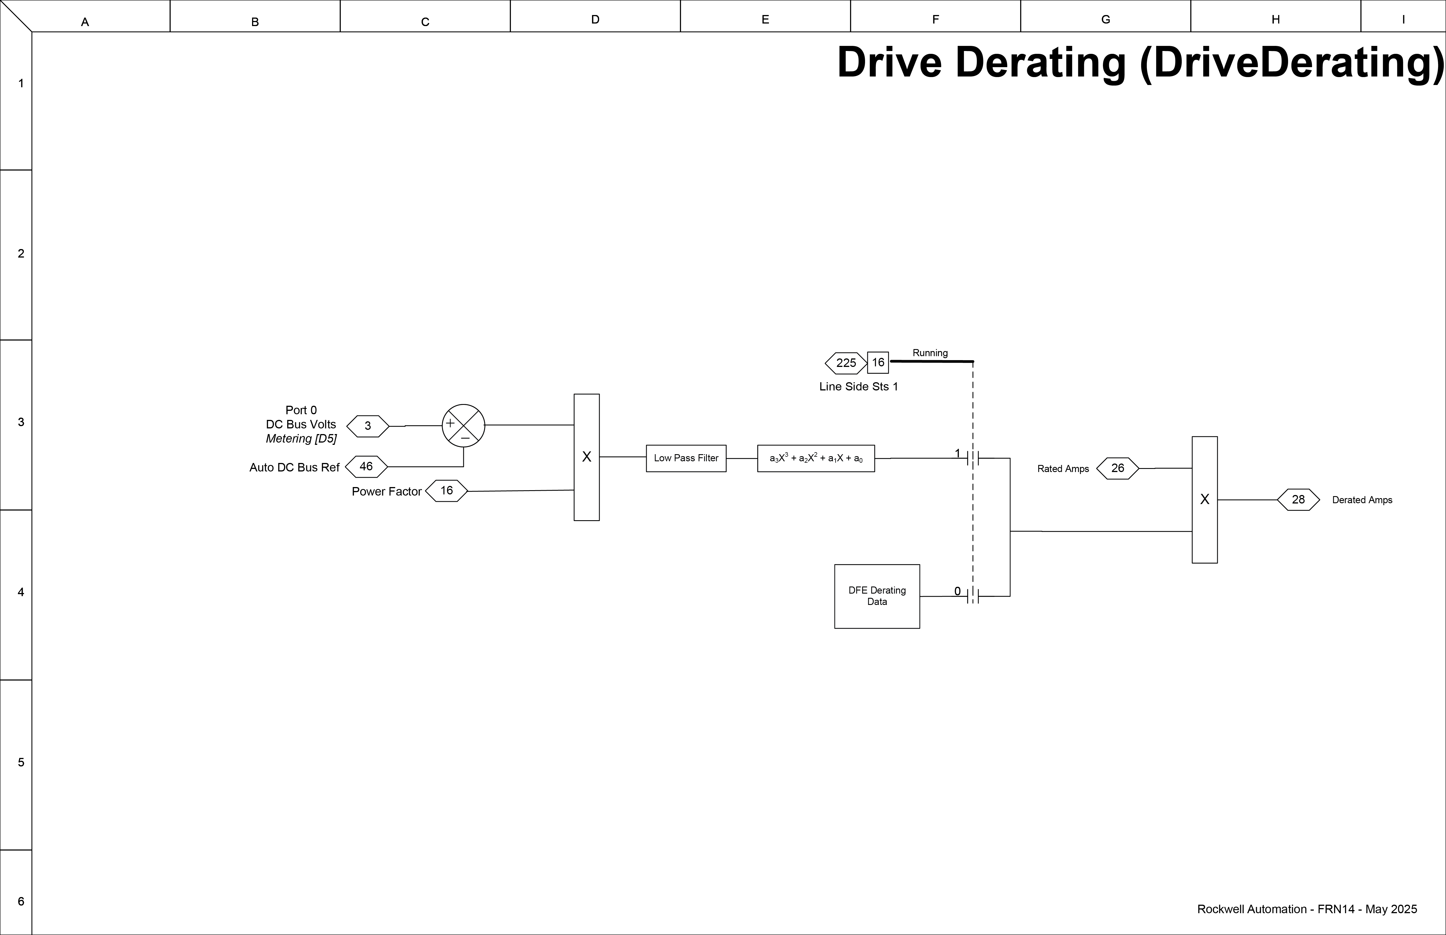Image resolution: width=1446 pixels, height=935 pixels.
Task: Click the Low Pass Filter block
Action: tap(686, 458)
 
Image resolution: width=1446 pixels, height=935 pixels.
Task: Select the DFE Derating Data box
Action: tap(877, 596)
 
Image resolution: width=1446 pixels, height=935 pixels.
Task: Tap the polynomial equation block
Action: tap(816, 458)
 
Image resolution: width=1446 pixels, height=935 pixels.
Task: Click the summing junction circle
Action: tap(464, 426)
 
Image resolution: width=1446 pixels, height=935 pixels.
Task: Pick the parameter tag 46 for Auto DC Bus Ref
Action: tap(366, 466)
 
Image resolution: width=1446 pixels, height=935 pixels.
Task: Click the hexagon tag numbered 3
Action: tap(367, 426)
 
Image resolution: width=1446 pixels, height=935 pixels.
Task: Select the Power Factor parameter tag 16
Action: tap(447, 490)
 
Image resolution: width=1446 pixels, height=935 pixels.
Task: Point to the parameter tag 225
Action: tap(846, 363)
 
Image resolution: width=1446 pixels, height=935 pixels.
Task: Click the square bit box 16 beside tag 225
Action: tap(878, 362)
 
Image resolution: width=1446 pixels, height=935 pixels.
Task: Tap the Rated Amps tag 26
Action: tap(1117, 468)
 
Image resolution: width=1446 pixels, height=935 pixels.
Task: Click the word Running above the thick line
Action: tap(930, 353)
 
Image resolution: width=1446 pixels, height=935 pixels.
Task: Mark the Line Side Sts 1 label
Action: tap(858, 387)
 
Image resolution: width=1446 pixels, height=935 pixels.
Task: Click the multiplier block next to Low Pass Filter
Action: tap(586, 457)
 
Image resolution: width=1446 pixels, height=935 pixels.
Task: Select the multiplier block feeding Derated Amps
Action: tap(1204, 500)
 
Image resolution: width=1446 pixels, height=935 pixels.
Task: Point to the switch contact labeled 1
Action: tap(973, 458)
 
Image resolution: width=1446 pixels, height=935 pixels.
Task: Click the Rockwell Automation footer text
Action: tap(1307, 909)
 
